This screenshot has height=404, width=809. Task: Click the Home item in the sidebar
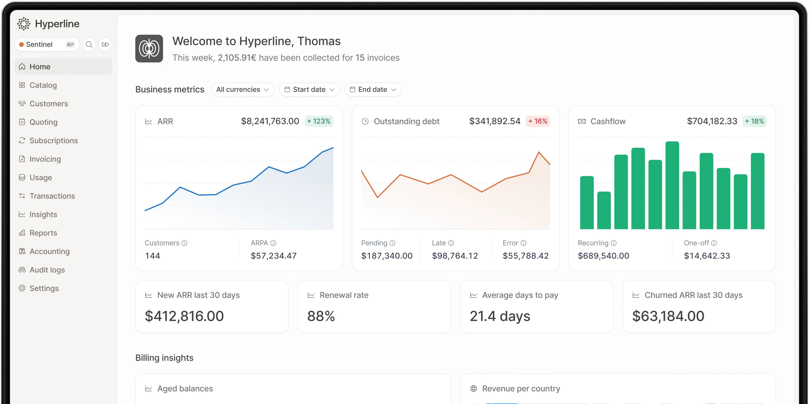coord(63,67)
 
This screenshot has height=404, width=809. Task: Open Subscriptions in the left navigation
coord(53,140)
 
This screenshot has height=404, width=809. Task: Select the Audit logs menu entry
coord(47,270)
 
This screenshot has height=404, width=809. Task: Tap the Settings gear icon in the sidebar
coord(22,288)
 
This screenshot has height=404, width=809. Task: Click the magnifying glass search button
coord(89,45)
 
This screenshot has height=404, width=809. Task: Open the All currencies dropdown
coord(243,90)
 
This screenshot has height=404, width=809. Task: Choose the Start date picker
coord(309,90)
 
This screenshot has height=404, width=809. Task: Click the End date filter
coord(373,90)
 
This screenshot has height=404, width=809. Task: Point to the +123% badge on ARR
coord(319,121)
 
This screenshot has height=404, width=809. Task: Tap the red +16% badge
coord(538,121)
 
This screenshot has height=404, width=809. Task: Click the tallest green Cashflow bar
coord(672,185)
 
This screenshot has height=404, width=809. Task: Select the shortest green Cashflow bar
coord(604,210)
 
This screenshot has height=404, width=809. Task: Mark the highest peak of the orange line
coord(539,152)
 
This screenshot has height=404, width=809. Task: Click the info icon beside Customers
coord(185,243)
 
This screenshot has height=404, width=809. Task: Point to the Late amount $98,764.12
coord(455,256)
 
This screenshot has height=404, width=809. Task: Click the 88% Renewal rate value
coord(321,316)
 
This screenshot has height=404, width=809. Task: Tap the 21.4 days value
coord(500,316)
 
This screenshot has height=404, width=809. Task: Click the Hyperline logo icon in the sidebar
coord(24,24)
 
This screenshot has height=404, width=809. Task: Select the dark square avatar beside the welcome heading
coord(149,49)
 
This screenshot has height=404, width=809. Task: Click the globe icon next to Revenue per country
coord(473,389)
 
